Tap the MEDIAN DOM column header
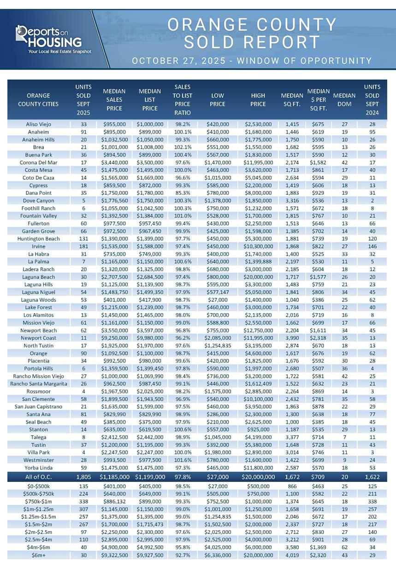[344, 99]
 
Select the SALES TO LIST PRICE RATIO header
[183, 99]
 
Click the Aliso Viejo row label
[39, 124]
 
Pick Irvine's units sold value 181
[83, 246]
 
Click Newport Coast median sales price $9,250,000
[114, 338]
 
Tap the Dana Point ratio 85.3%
[183, 193]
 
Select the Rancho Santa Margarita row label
[39, 383]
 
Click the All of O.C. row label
[39, 477]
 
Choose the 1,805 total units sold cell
[83, 477]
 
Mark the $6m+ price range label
[39, 555]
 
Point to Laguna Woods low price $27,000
[218, 300]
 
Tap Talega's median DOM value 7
[344, 437]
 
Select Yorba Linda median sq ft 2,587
[292, 467]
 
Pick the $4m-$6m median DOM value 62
[344, 547]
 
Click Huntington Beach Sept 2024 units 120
[372, 238]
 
